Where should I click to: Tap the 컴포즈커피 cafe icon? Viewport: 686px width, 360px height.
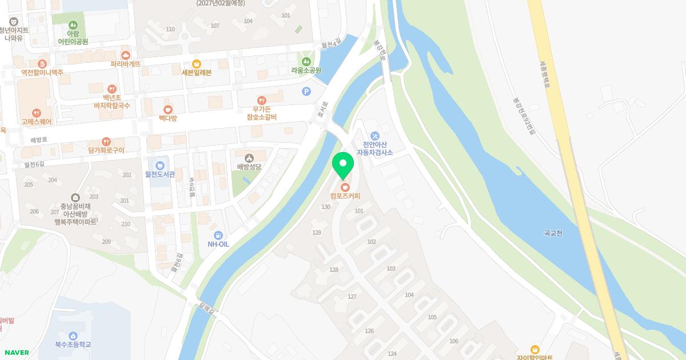345,187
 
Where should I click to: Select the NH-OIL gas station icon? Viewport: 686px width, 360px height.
218,235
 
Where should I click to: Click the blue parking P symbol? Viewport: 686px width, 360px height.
306,91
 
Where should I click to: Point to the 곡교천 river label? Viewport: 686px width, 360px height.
553,233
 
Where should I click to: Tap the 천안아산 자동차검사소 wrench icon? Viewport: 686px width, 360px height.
375,135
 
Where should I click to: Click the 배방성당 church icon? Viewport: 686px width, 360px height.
249,158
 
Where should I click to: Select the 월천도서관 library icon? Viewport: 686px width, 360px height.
160,166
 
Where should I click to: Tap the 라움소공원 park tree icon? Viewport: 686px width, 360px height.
306,61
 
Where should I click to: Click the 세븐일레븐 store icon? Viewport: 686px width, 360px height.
197,63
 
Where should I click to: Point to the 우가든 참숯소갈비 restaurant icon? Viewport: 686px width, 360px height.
261,100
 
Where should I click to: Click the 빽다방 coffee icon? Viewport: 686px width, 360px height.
167,109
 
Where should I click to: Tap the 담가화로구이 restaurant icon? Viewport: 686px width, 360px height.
106,141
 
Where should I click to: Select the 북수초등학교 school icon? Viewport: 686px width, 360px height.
73,335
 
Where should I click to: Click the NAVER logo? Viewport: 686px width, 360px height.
16,353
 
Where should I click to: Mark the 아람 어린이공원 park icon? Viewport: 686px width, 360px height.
73,25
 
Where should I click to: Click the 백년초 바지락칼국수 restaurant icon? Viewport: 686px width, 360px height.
112,89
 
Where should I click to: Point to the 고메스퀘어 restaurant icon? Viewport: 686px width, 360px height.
37,113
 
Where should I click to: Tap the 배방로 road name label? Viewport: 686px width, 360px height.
39,139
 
